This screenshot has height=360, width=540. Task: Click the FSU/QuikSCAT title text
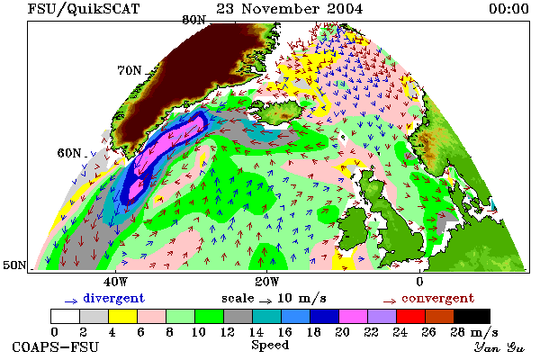point(84,9)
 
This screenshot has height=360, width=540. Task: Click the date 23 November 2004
point(289,9)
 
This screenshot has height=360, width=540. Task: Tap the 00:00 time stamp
point(508,9)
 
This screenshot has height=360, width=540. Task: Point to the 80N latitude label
point(193,20)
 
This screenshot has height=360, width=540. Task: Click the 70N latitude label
point(130,70)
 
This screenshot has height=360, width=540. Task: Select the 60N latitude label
point(69,153)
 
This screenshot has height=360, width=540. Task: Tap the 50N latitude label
point(14,265)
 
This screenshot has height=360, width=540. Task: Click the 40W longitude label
point(115,282)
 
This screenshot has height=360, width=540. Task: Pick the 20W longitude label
point(267,282)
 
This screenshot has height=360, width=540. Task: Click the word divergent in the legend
point(113,298)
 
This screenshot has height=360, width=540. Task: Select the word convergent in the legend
point(437,298)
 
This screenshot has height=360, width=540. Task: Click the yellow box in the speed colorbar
point(122,316)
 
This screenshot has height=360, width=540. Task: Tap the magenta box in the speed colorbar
point(354,316)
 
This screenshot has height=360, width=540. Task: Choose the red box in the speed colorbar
point(411,316)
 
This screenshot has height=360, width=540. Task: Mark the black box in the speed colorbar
point(472,316)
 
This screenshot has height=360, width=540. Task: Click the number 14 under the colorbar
point(256,332)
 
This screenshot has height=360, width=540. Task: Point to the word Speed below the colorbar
point(270,346)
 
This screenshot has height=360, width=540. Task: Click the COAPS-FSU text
point(55,346)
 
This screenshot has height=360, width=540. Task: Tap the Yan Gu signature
point(499,347)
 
